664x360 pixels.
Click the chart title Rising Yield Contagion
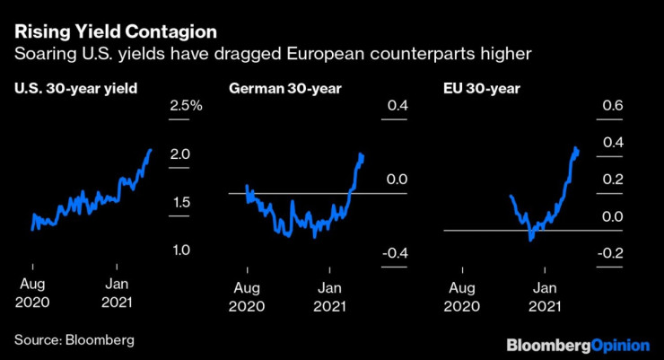point(115,31)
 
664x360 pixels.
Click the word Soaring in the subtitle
point(45,55)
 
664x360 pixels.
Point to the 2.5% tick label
point(187,107)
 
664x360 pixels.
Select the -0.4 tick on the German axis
point(394,254)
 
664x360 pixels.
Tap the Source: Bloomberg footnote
point(74,340)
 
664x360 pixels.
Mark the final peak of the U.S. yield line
point(150,150)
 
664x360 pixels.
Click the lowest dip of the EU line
point(531,239)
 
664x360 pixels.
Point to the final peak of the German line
point(362,154)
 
